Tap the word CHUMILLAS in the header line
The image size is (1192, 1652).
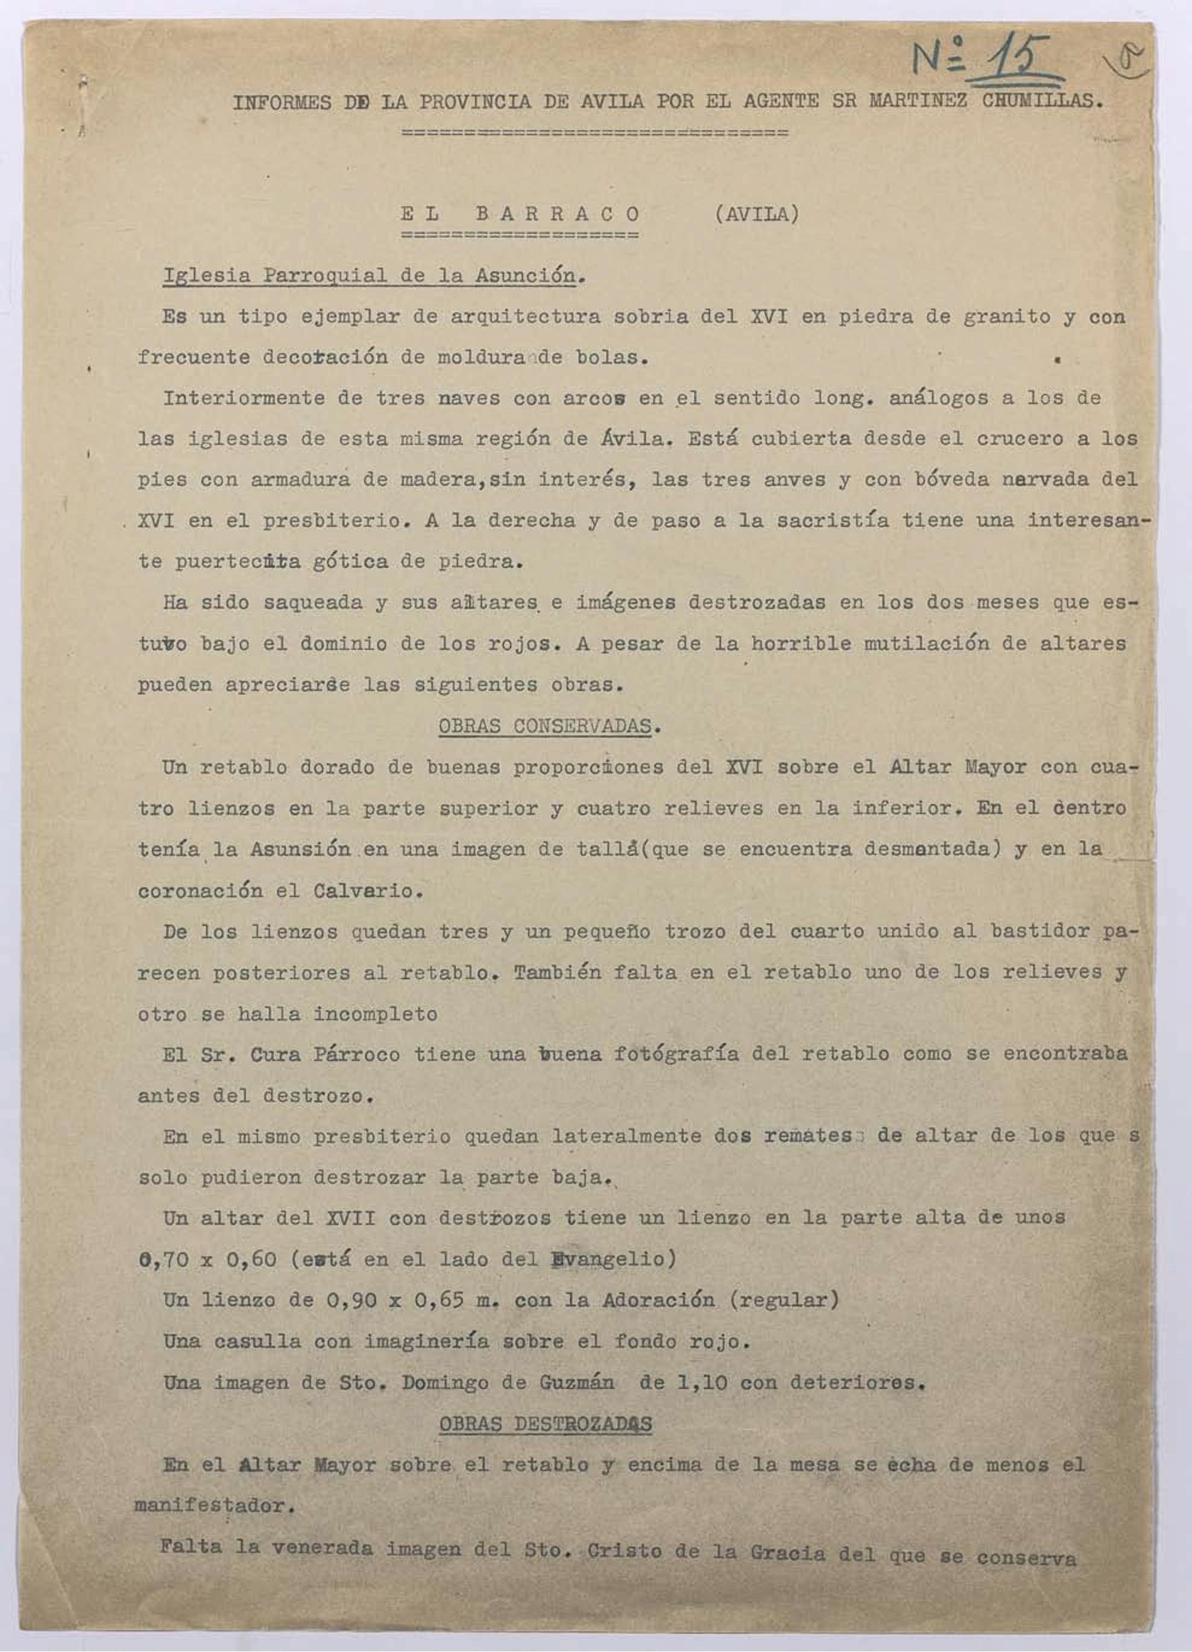click(x=1041, y=101)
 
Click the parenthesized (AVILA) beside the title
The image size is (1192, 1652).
click(x=756, y=214)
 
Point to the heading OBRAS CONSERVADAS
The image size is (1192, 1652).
click(x=545, y=726)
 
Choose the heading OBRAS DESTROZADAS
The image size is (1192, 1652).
click(x=545, y=1424)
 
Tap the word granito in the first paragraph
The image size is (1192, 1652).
click(x=1006, y=317)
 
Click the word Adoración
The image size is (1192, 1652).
click(x=658, y=1300)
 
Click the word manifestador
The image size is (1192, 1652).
click(x=214, y=1506)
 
